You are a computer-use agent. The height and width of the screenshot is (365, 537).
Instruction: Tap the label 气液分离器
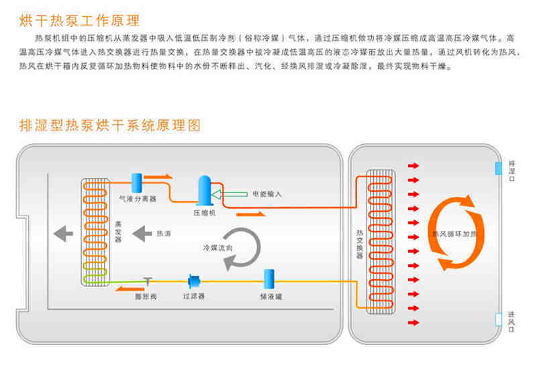tap(138, 199)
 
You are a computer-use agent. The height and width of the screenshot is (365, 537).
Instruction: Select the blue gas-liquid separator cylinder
tap(137, 183)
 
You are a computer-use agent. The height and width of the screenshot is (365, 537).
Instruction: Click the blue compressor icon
tap(203, 191)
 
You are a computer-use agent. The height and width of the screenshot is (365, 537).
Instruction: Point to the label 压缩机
tap(203, 213)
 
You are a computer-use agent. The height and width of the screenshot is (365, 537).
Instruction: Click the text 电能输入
tap(267, 195)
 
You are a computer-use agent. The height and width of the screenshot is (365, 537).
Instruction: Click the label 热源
tap(164, 234)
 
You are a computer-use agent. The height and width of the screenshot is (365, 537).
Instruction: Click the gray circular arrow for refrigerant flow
tap(242, 249)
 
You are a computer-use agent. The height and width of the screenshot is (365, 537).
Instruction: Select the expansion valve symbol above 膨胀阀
tap(146, 280)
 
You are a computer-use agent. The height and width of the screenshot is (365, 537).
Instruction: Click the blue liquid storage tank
tap(268, 279)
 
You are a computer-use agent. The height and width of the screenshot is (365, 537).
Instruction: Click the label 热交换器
tap(359, 244)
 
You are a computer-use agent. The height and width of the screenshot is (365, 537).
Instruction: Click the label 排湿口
tap(512, 167)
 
